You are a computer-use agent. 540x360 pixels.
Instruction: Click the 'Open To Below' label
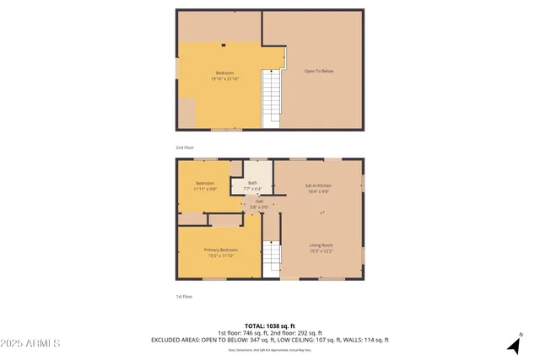(x=319, y=72)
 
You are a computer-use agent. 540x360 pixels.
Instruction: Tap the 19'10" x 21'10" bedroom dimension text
(x=224, y=78)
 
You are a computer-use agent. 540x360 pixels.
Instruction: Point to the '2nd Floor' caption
(x=184, y=147)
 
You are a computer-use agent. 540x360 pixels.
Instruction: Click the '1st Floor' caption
(x=184, y=297)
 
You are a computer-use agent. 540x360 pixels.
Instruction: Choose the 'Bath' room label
(x=252, y=183)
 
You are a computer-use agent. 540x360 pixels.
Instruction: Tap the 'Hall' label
(x=260, y=201)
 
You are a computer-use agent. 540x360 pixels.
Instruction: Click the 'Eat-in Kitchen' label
(x=318, y=185)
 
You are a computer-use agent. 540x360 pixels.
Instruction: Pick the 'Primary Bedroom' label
(x=220, y=250)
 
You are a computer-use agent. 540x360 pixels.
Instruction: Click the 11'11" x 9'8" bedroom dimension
(x=206, y=189)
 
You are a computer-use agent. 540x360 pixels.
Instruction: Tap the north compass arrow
(x=514, y=343)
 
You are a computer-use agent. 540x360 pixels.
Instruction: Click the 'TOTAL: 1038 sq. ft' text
(x=269, y=325)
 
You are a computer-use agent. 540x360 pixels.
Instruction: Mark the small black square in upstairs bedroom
(x=223, y=46)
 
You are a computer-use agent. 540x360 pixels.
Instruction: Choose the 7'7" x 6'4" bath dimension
(x=252, y=189)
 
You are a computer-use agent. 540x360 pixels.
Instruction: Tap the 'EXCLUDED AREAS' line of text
(x=269, y=340)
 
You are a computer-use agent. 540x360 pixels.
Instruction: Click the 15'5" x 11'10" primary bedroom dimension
(x=220, y=255)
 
